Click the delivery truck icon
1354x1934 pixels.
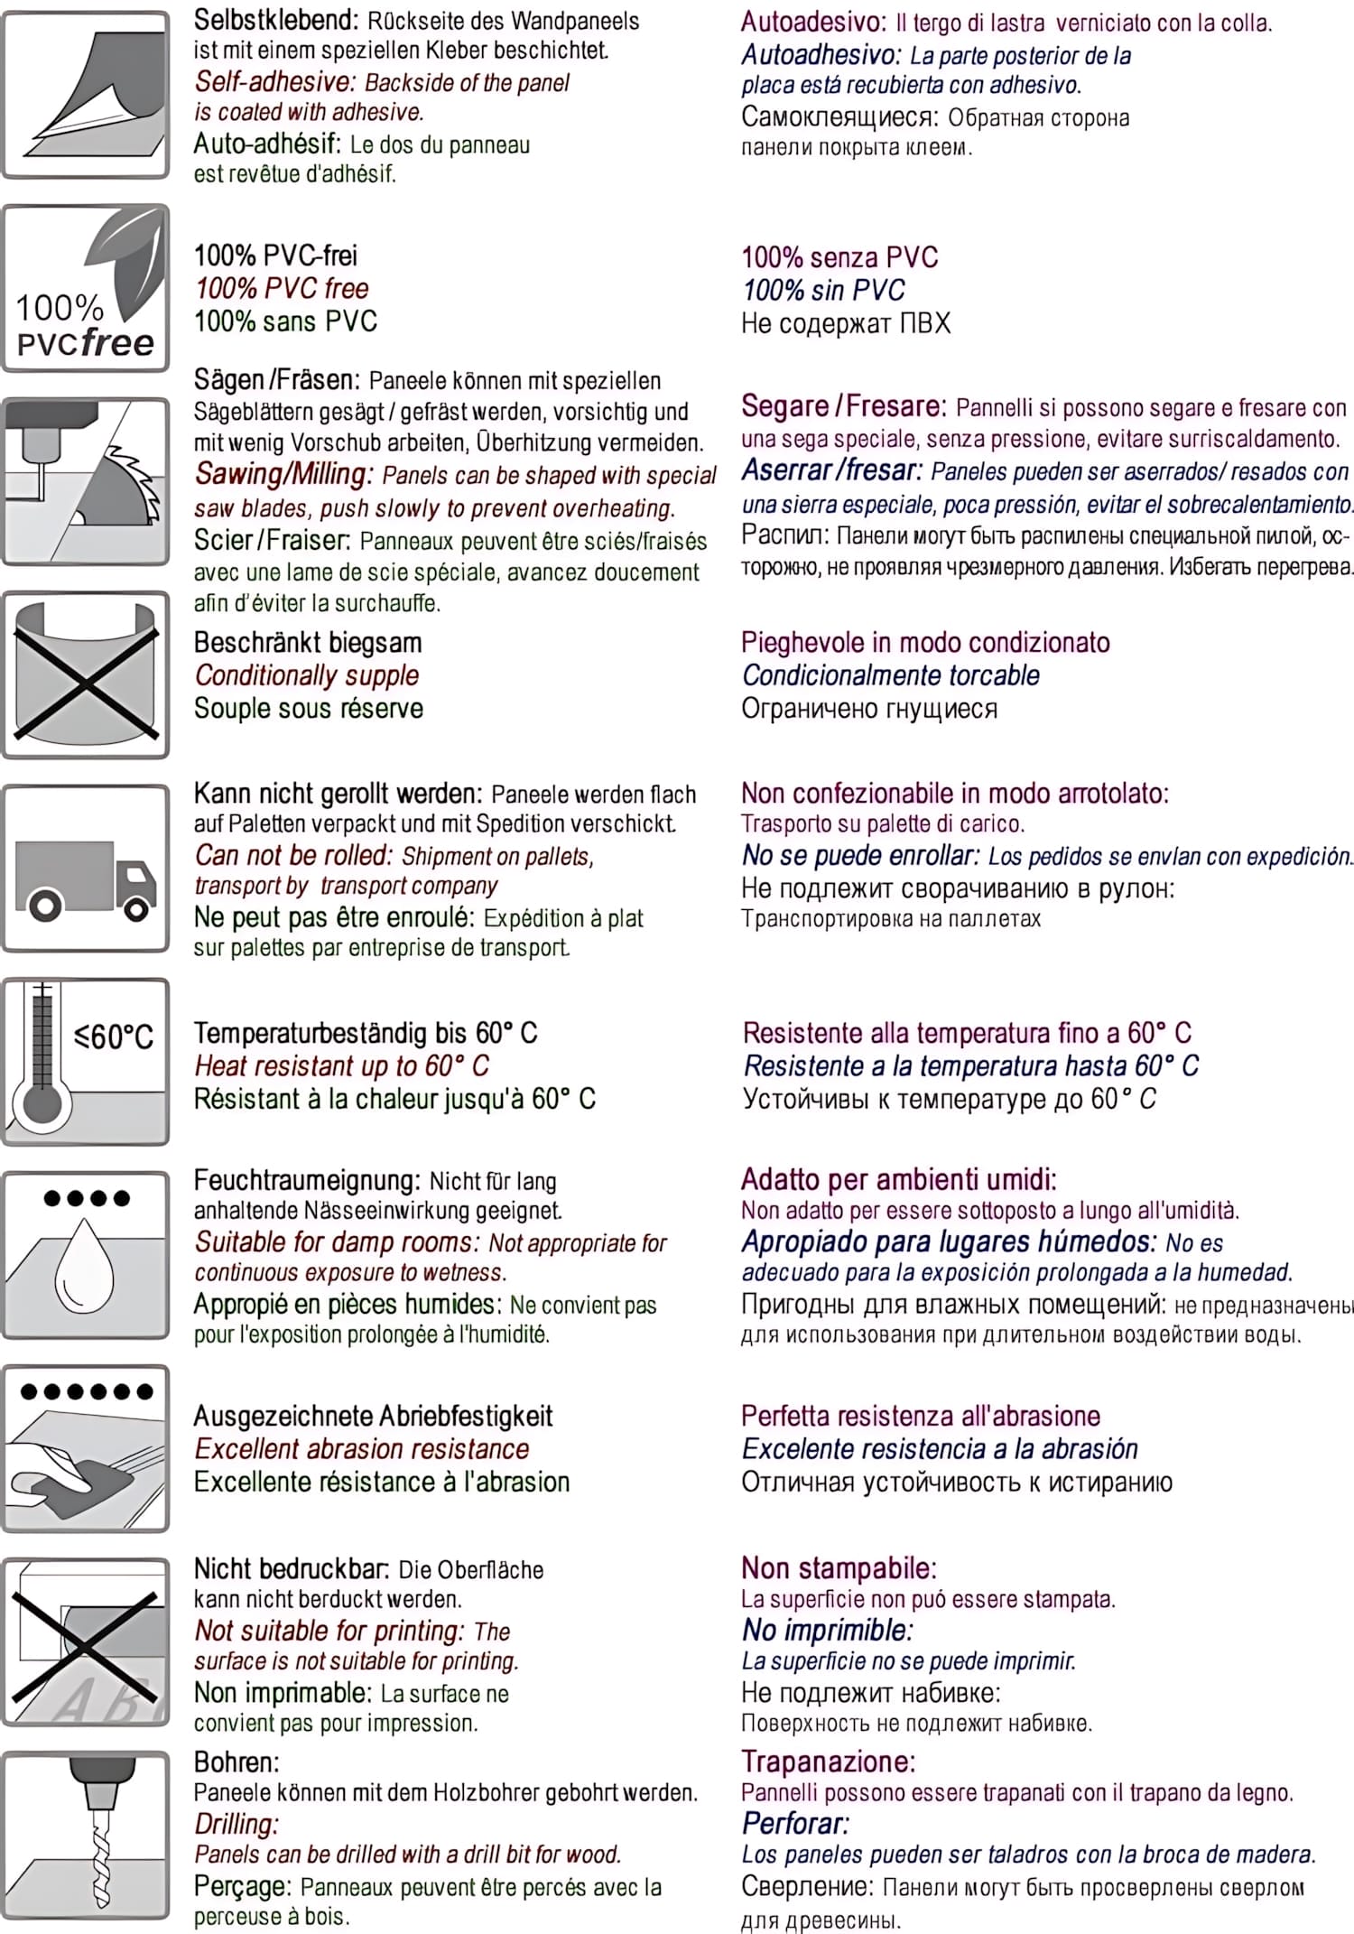click(86, 869)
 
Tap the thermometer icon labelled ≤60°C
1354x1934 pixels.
click(86, 1062)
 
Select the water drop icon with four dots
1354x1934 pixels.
click(86, 1255)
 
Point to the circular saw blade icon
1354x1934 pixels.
click(86, 482)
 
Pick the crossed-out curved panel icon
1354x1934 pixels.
click(86, 675)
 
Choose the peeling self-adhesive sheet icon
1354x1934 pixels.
click(86, 95)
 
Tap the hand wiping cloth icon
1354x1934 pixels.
click(86, 1448)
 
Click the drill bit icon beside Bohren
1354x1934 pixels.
click(86, 1835)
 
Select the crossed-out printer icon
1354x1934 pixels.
click(86, 1641)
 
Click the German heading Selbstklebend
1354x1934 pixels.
click(275, 20)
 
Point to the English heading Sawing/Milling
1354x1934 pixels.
click(283, 475)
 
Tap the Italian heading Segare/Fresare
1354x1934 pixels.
click(843, 407)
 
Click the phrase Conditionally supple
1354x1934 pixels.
click(307, 675)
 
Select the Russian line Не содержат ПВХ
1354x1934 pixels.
click(846, 323)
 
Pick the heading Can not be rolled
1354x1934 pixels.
click(293, 855)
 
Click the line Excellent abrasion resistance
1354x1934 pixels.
click(362, 1449)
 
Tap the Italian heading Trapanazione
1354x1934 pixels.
click(828, 1762)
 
